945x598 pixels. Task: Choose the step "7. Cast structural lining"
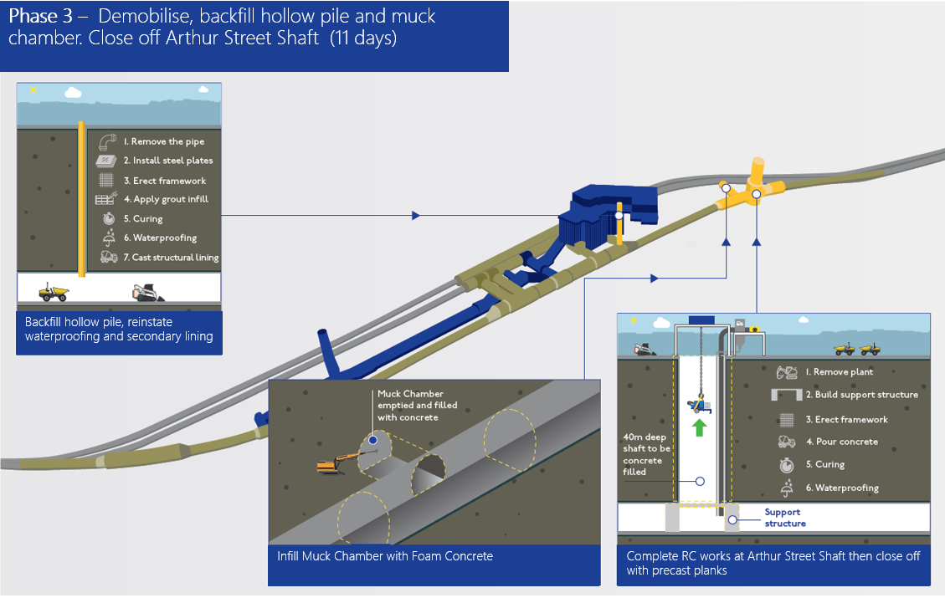[x=170, y=258]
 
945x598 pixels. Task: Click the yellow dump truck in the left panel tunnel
[x=54, y=290]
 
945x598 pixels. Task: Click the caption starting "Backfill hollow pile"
[x=119, y=329]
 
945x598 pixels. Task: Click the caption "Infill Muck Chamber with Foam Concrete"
[x=385, y=555]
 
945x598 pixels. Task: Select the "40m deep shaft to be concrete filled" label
[x=643, y=454]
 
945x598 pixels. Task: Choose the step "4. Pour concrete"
[x=841, y=442]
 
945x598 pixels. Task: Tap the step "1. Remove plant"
[x=839, y=372]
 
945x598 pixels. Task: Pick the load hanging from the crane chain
[x=698, y=406]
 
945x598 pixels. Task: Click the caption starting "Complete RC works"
[x=773, y=562]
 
